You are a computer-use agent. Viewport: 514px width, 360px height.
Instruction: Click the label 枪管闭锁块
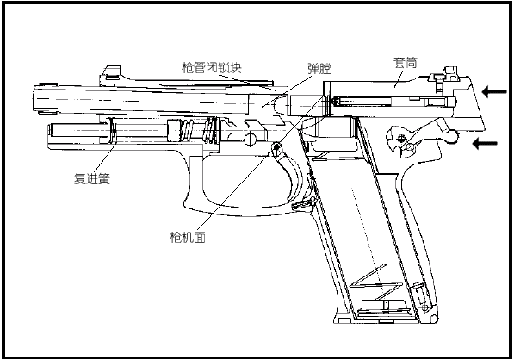(212, 68)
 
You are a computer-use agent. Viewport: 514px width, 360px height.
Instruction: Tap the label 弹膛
(319, 69)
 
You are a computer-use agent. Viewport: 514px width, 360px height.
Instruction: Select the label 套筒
(405, 62)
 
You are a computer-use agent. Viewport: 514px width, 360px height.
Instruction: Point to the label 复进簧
(92, 178)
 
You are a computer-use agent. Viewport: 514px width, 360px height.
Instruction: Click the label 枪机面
(188, 237)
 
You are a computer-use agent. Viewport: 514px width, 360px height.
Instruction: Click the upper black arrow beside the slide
(494, 91)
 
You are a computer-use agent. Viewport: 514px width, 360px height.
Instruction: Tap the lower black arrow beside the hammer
(485, 143)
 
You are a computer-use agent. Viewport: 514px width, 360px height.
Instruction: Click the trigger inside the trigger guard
(289, 174)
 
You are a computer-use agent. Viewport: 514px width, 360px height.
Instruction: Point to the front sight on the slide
(111, 73)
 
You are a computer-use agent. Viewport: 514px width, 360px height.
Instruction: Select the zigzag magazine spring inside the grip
(377, 282)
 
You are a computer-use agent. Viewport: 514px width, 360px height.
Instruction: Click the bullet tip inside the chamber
(281, 105)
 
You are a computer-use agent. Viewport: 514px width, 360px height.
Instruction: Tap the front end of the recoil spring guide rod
(51, 129)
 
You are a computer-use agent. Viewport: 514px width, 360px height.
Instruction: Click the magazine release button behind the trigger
(302, 205)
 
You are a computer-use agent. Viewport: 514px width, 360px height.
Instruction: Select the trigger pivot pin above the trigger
(277, 146)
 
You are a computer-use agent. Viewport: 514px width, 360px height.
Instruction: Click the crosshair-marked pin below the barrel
(250, 140)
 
